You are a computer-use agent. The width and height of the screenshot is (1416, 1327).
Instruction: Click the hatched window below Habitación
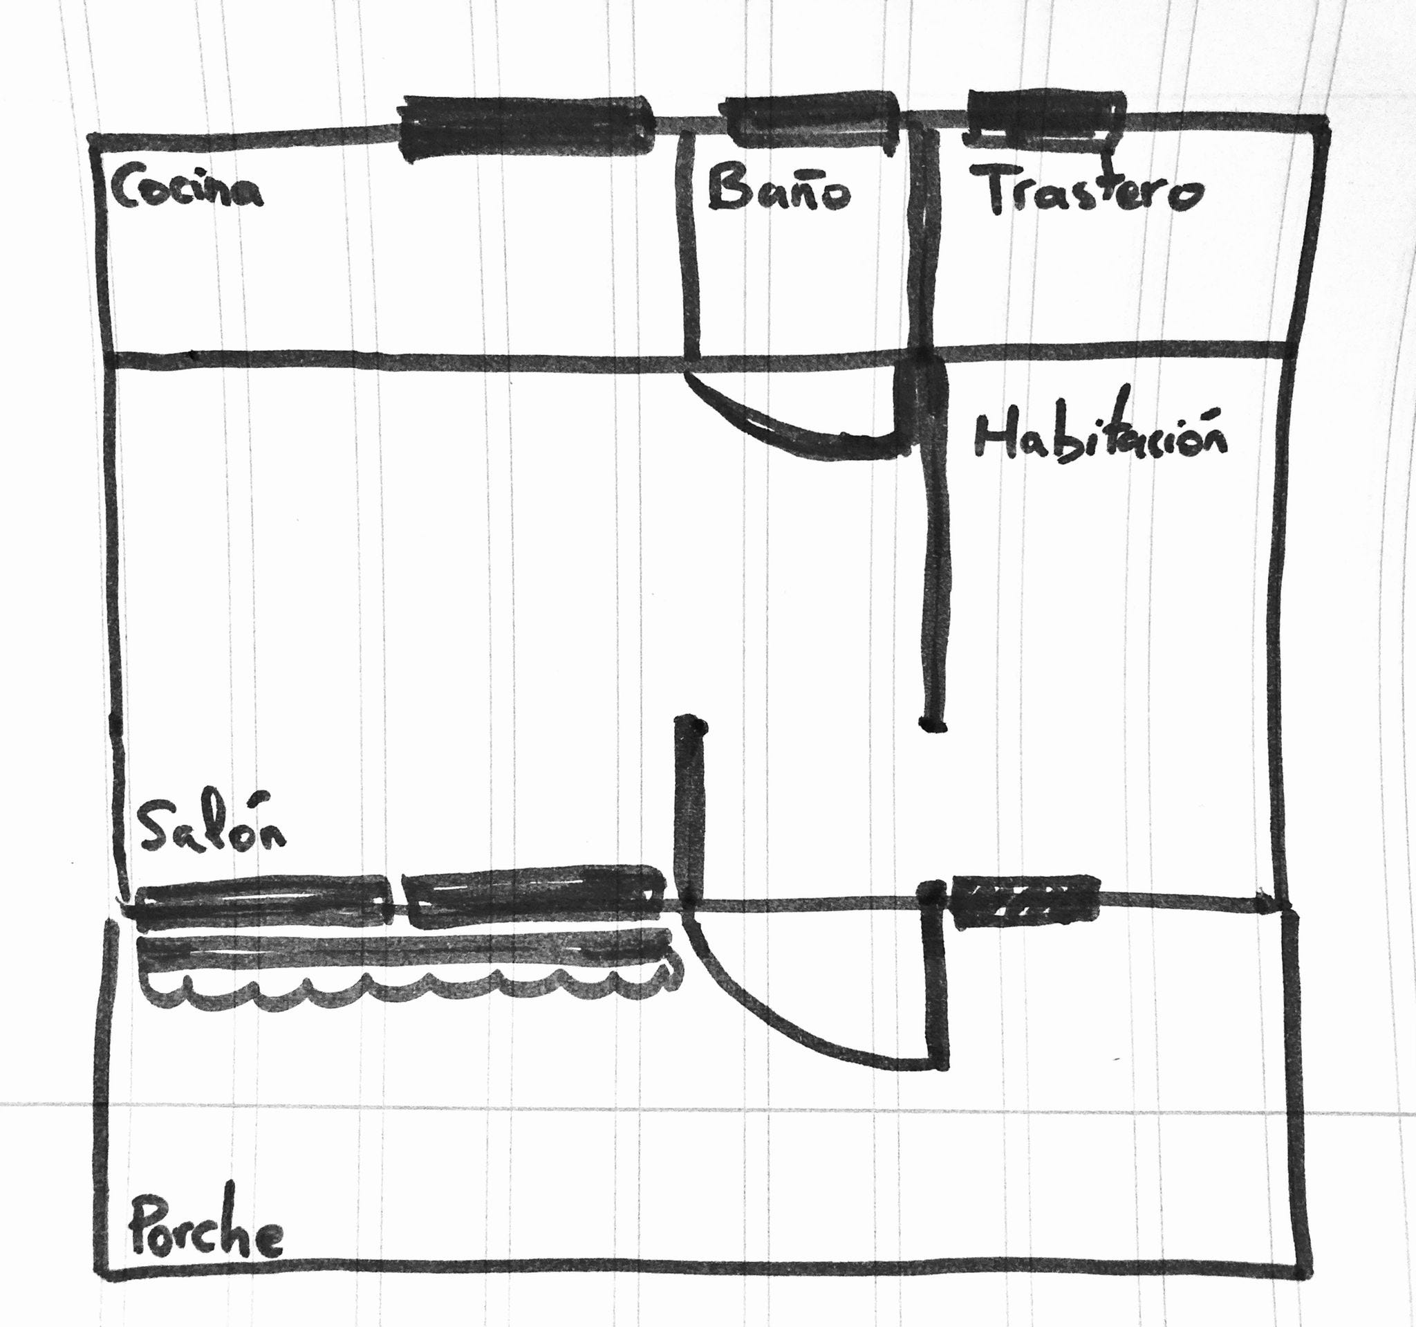(1023, 901)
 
